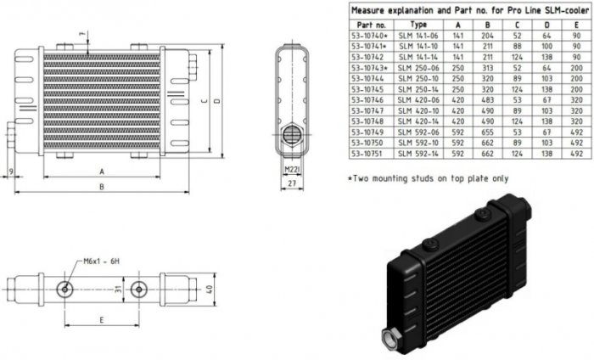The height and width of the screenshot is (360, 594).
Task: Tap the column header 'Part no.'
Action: [367, 25]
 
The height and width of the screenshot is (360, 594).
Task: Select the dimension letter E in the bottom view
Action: [102, 321]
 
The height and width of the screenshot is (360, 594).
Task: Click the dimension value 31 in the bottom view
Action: [118, 290]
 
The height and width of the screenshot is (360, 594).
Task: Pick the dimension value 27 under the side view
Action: [292, 183]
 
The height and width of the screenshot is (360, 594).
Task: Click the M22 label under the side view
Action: [289, 170]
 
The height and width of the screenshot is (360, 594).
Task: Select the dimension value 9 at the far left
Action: [8, 171]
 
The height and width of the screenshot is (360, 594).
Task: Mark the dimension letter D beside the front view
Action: [218, 100]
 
